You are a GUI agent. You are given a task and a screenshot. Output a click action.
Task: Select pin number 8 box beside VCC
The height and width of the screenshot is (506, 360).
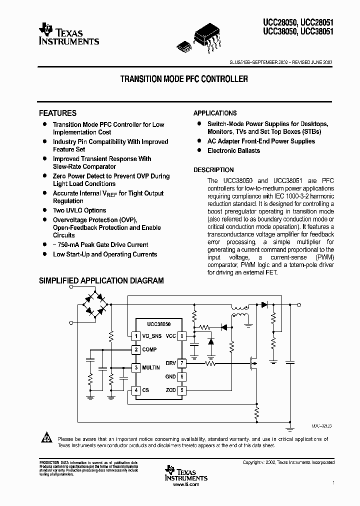182,336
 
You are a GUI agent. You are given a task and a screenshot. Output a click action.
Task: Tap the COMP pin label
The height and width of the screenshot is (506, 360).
149,349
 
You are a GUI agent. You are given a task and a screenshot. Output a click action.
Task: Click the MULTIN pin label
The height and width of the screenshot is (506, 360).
151,367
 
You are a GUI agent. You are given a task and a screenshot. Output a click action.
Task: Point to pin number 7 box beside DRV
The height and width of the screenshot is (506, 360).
182,363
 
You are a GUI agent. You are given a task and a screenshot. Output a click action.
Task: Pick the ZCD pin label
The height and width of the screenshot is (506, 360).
171,390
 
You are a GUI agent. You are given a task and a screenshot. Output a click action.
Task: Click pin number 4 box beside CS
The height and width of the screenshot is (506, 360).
135,390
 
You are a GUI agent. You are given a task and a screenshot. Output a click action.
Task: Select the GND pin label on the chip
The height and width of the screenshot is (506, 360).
171,376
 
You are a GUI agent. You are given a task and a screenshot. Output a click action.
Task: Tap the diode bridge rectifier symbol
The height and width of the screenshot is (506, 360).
94,304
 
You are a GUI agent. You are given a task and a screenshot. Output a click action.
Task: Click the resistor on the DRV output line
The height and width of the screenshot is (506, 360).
210,363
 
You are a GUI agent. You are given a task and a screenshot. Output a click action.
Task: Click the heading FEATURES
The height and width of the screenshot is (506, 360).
57,113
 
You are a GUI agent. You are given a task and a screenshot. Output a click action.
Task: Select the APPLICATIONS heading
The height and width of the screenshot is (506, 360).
215,113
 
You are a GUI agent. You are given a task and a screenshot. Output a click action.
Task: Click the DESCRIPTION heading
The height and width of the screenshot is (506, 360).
213,170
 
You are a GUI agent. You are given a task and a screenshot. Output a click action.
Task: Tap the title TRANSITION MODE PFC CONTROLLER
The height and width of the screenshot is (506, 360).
184,79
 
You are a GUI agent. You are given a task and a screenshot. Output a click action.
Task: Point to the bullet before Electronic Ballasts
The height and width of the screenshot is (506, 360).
198,150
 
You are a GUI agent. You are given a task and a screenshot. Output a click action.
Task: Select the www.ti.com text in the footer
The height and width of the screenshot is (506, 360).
185,484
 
